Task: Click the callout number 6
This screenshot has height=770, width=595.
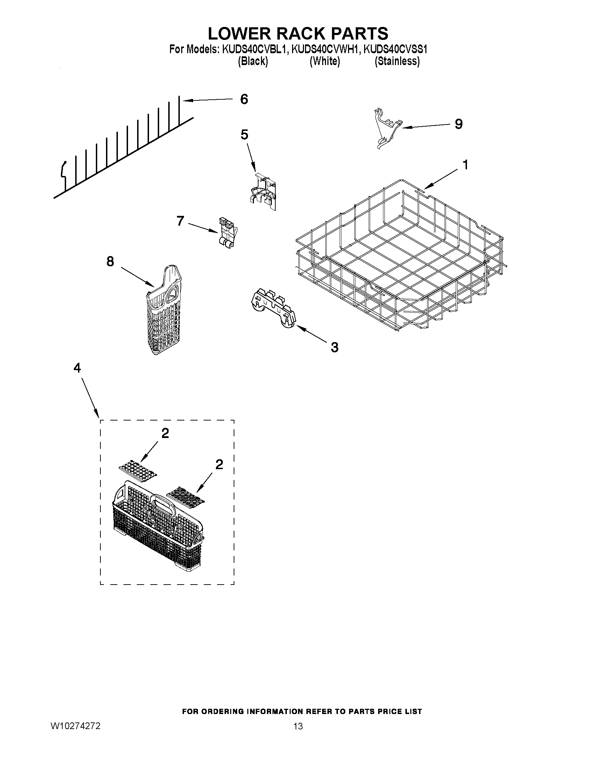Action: click(244, 99)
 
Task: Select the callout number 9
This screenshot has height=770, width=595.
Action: click(458, 124)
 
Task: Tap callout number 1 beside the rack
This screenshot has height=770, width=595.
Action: click(465, 165)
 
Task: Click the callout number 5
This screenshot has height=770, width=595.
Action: click(244, 134)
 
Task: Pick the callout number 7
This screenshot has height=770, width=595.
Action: click(180, 221)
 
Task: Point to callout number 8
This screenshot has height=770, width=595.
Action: click(110, 261)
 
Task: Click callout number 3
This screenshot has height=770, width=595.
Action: click(334, 347)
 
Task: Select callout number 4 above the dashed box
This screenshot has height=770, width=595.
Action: click(77, 368)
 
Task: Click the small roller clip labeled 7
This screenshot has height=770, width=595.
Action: click(227, 234)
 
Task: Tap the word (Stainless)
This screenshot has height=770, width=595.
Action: click(397, 61)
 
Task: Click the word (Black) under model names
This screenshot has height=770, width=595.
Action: click(253, 61)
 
